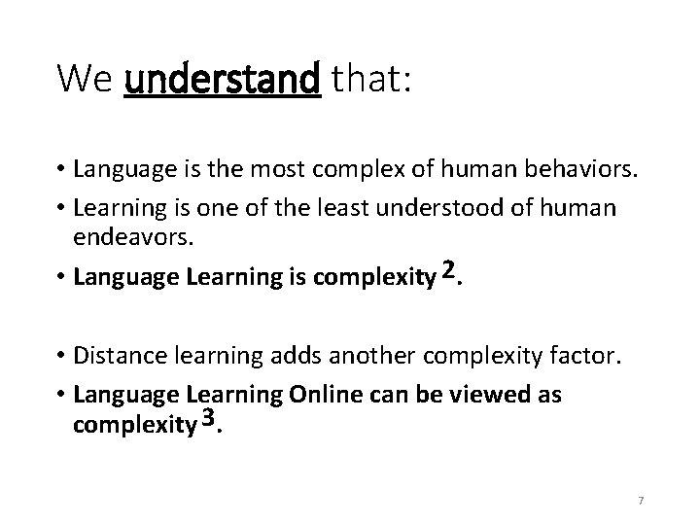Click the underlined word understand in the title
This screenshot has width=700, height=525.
(223, 79)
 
